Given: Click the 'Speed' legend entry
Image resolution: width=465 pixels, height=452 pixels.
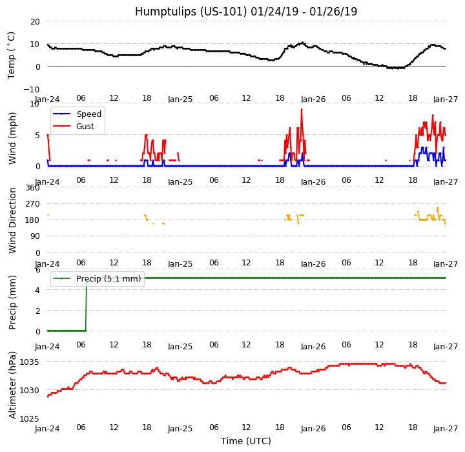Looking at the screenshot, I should click(x=88, y=114).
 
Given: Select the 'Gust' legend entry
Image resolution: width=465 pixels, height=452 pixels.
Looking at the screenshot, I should click(x=86, y=127).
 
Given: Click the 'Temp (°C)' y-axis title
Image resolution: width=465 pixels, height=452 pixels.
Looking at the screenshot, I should click(x=12, y=55).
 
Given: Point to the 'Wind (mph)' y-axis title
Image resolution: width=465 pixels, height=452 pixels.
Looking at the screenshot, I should click(x=12, y=138).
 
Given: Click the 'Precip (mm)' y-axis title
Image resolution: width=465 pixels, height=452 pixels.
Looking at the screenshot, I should click(x=12, y=302).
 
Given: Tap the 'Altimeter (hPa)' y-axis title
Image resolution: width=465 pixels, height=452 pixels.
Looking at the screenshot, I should click(x=12, y=384).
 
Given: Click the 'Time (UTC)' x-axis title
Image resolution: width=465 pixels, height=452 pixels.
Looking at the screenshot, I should click(x=246, y=441).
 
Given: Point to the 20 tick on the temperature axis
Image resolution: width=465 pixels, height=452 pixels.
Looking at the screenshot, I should click(x=34, y=21).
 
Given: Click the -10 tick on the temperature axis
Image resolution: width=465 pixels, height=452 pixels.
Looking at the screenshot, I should click(x=32, y=89).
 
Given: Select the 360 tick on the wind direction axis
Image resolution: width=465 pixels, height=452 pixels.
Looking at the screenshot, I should click(x=32, y=188).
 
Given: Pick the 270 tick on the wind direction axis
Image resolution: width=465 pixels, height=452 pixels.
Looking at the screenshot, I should click(x=32, y=204).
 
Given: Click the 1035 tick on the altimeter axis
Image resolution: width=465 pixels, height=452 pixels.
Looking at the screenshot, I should click(x=30, y=362).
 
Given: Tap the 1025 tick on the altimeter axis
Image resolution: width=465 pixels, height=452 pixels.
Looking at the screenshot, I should click(x=30, y=418).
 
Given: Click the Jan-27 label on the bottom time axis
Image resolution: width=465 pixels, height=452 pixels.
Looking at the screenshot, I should click(x=446, y=429).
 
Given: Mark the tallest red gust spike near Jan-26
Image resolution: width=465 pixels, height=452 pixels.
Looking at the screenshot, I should click(x=302, y=110).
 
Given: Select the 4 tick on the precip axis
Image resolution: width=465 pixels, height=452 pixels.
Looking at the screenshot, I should click(x=37, y=290).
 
